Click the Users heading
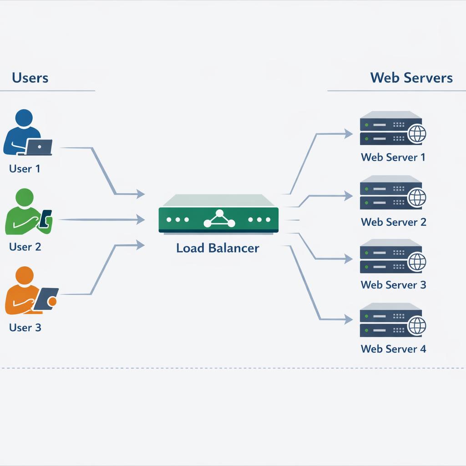pyautogui.click(x=30, y=77)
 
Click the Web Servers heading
pyautogui.click(x=411, y=77)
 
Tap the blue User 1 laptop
pyautogui.click(x=39, y=147)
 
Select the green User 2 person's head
pyautogui.click(x=25, y=197)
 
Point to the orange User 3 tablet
pyautogui.click(x=46, y=299)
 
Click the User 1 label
pyautogui.click(x=25, y=169)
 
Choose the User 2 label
pyautogui.click(x=25, y=247)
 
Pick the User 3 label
pyautogui.click(x=25, y=328)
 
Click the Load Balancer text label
pyautogui.click(x=218, y=248)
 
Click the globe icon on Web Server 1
pyautogui.click(x=417, y=134)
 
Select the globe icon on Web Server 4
pyautogui.click(x=417, y=325)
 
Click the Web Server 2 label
pyautogui.click(x=393, y=222)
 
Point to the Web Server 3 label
pyautogui.click(x=393, y=285)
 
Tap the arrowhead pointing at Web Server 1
pyautogui.click(x=348, y=133)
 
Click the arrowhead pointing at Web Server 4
pyautogui.click(x=348, y=319)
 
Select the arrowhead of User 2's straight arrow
pyautogui.click(x=140, y=220)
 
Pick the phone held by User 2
pyautogui.click(x=45, y=218)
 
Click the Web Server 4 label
pyautogui.click(x=393, y=349)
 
